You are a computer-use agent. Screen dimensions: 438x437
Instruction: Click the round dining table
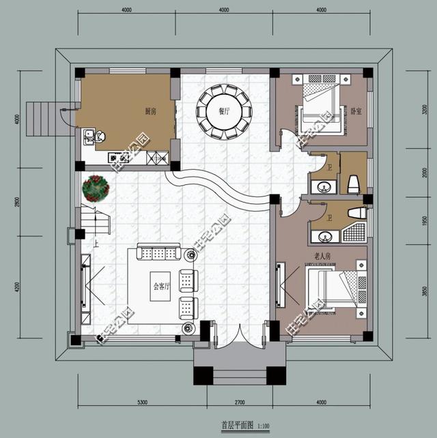(225, 112)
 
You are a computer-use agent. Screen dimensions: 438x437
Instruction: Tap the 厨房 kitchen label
(150, 111)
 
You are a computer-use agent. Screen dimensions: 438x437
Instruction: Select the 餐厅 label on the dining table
(225, 111)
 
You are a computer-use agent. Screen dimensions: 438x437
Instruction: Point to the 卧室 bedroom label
(355, 109)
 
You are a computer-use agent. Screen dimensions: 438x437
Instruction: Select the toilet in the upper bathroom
(354, 183)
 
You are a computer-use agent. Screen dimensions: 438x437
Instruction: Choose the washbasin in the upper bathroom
(322, 186)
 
